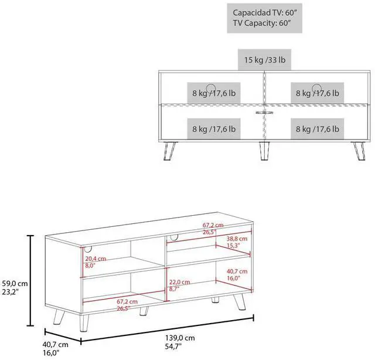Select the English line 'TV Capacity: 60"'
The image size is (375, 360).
click(261, 23)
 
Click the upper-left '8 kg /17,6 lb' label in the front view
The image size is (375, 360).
click(214, 93)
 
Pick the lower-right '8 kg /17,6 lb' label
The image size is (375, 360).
click(319, 128)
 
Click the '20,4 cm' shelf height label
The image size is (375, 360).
click(94, 259)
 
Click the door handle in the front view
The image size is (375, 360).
click(264, 110)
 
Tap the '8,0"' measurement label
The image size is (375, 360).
click(90, 266)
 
